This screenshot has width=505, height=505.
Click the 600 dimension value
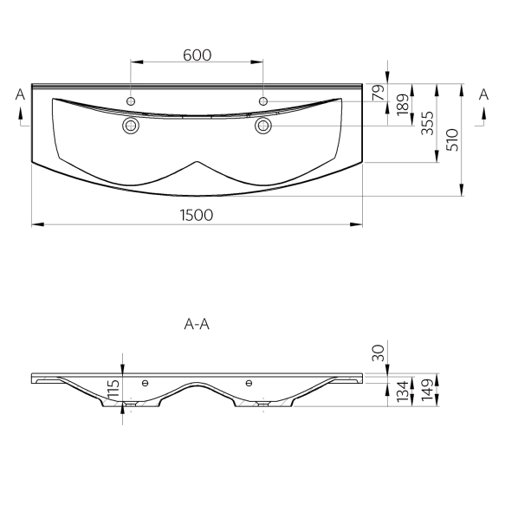click(197, 55)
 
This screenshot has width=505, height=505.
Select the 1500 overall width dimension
click(197, 215)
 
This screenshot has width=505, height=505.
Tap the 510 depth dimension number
click(452, 139)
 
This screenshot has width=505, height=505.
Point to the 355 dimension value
click(428, 123)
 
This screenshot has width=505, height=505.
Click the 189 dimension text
click(403, 105)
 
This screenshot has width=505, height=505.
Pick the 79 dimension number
click(379, 93)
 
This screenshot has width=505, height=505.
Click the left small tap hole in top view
click(131, 101)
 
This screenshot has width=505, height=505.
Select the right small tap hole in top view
click(263, 101)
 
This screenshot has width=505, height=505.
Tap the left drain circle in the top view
click(131, 126)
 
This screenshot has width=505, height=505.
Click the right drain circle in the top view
click(263, 126)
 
